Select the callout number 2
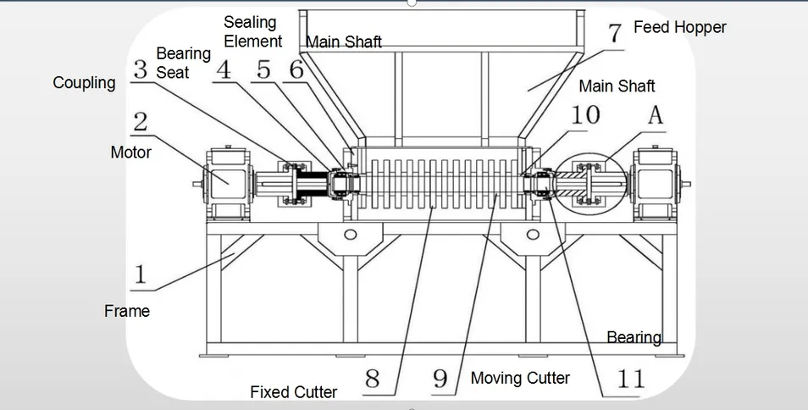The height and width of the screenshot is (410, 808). pos(141,121)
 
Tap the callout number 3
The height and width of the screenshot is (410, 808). pos(141,70)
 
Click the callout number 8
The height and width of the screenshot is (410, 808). pos(373,378)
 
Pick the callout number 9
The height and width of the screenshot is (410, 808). pos(440,378)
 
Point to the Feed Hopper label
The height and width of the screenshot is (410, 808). pos(679,27)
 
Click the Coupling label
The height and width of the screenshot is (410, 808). pos(84,83)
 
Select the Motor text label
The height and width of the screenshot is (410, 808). pos(130,152)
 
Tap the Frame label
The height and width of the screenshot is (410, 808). pos(127,311)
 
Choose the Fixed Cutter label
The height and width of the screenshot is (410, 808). pos(293,391)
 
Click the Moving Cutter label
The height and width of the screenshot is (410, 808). pos(520,378)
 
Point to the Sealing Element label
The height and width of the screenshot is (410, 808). pos(252,31)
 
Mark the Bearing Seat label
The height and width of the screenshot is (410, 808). pos(183,64)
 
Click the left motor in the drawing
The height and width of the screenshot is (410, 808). pos(226,181)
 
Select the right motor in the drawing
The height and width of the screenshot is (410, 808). pos(658,181)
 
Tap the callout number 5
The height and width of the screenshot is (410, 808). pos(265,69)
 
